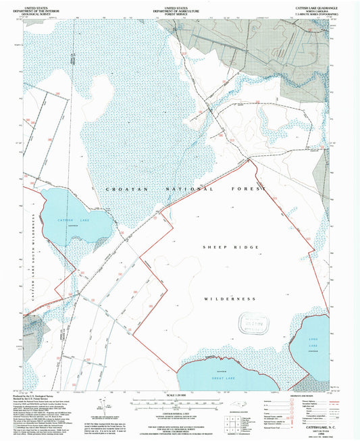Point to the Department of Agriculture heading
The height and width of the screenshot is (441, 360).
click(x=179, y=7)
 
